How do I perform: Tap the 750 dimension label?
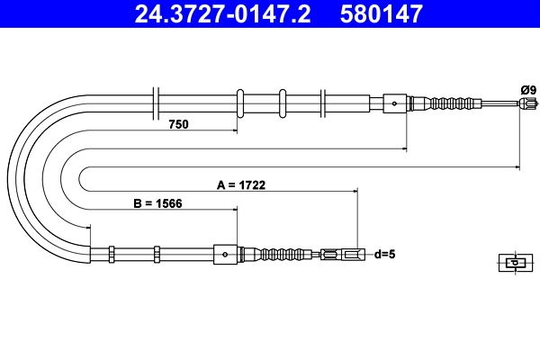[x=178, y=125]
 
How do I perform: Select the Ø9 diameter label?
[x=527, y=88]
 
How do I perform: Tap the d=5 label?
[x=384, y=255]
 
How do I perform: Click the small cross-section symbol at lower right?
[x=513, y=263]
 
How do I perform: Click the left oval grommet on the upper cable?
[x=240, y=103]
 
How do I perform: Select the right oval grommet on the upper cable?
[x=283, y=103]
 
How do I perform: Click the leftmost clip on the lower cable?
[x=111, y=255]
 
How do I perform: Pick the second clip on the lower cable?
[x=156, y=255]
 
